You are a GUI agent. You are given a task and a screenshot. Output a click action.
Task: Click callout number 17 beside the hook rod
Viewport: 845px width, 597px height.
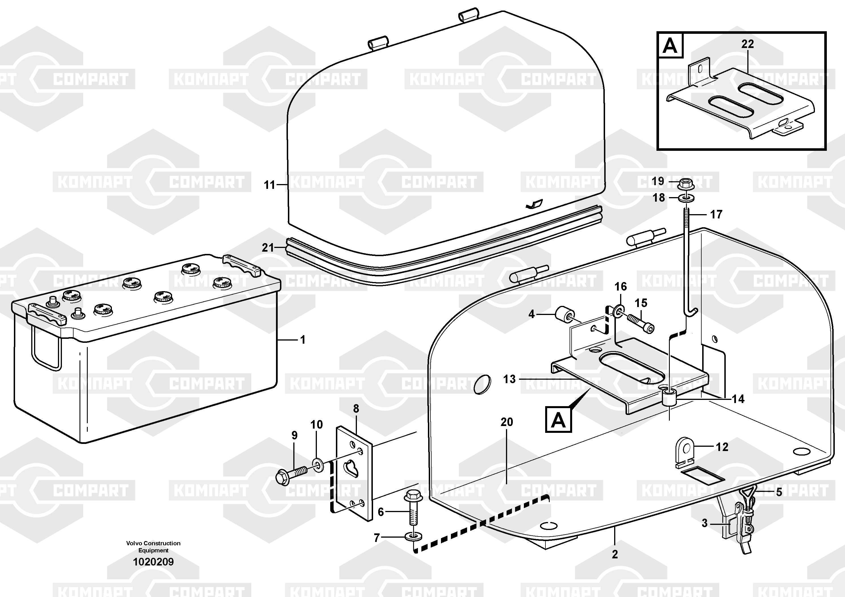tap(716, 214)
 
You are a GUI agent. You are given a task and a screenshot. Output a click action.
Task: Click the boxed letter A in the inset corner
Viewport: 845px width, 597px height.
tap(670, 46)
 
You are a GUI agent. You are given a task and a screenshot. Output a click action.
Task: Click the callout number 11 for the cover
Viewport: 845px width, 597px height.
tap(269, 185)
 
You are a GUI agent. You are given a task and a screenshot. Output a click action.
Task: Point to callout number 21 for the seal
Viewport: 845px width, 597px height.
tap(268, 248)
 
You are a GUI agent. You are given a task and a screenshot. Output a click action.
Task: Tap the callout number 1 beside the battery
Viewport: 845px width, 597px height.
tap(303, 340)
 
